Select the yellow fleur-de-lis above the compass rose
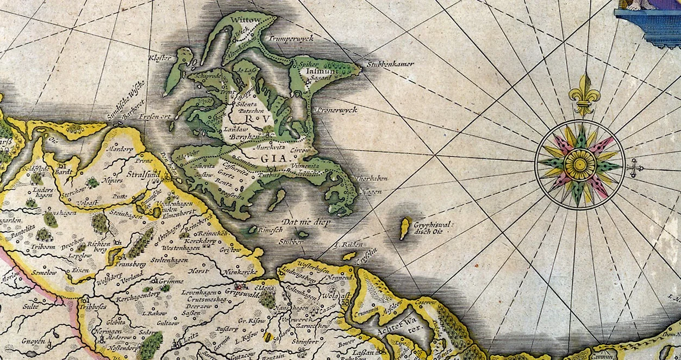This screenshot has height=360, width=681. [584, 94]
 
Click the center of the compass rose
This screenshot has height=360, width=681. [580, 164]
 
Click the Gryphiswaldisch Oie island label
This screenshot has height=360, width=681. [433, 228]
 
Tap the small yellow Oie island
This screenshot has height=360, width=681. [404, 228]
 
